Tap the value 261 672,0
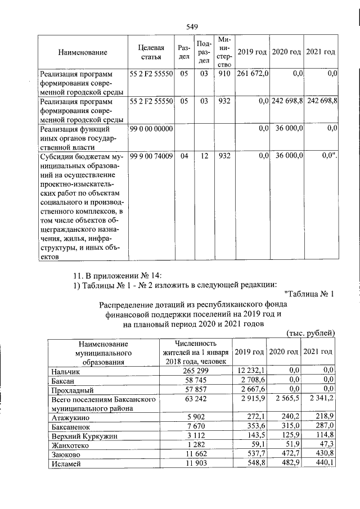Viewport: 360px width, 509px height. [253, 74]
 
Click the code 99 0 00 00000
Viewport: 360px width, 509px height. [151, 129]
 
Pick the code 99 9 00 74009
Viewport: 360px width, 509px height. [151, 156]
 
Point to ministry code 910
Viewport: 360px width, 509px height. [224, 74]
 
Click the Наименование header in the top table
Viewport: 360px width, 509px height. [83, 52]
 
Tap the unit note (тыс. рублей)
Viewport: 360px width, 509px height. [310, 333]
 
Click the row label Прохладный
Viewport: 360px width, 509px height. [72, 389]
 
